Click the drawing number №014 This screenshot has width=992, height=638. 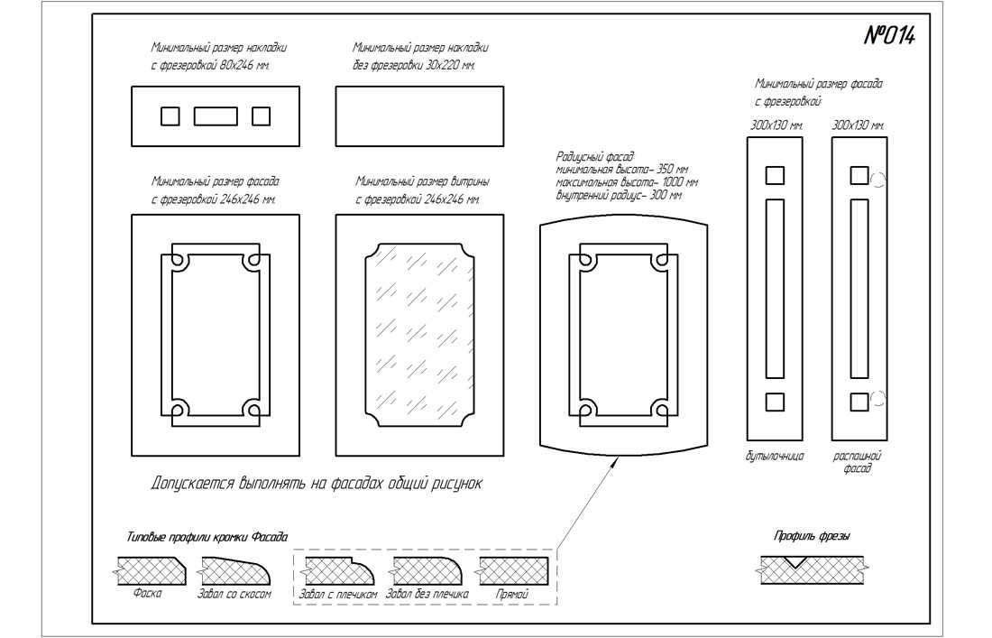pyautogui.click(x=890, y=36)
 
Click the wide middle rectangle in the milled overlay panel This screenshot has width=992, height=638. pyautogui.click(x=216, y=116)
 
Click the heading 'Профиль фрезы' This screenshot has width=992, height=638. pyautogui.click(x=812, y=536)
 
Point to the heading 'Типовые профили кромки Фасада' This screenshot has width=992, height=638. pyautogui.click(x=207, y=537)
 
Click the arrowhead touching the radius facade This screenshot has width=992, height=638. pyautogui.click(x=616, y=462)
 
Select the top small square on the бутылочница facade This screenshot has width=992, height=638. pyautogui.click(x=775, y=176)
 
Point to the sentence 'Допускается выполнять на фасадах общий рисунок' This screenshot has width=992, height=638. pyautogui.click(x=317, y=485)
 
